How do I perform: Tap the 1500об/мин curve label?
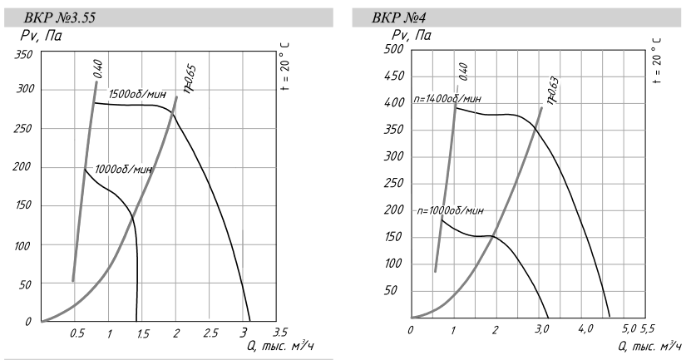click(135, 95)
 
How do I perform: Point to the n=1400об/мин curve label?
click(447, 99)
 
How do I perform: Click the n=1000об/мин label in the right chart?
click(449, 210)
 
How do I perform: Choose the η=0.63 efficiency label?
click(552, 91)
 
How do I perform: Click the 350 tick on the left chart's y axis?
click(23, 55)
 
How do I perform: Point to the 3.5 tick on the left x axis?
click(280, 333)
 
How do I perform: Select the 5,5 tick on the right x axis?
click(647, 328)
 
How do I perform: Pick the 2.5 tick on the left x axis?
click(211, 333)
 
